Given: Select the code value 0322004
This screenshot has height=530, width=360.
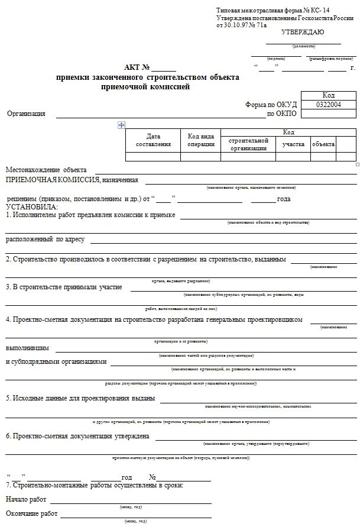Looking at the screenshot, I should (x=328, y=104).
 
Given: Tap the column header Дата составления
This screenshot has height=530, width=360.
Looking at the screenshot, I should (x=153, y=140).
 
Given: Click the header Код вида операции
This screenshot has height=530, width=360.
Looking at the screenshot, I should (x=201, y=140).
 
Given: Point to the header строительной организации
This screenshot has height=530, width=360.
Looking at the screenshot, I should (x=248, y=144).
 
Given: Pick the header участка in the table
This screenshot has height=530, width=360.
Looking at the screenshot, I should (x=293, y=144).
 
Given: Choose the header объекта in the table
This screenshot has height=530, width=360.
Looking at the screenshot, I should (x=323, y=144).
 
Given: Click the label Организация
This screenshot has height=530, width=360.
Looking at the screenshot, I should (x=26, y=114).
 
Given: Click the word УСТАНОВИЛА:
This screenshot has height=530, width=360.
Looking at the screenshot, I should (x=32, y=206).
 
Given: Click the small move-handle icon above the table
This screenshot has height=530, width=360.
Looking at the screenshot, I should (x=122, y=125).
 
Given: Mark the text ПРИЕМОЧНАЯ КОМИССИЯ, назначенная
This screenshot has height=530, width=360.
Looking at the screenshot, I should (x=72, y=179).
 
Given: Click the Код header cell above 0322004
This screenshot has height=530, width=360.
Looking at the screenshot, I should (x=328, y=95).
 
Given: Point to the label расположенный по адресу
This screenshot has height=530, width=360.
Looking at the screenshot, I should (x=46, y=240).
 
